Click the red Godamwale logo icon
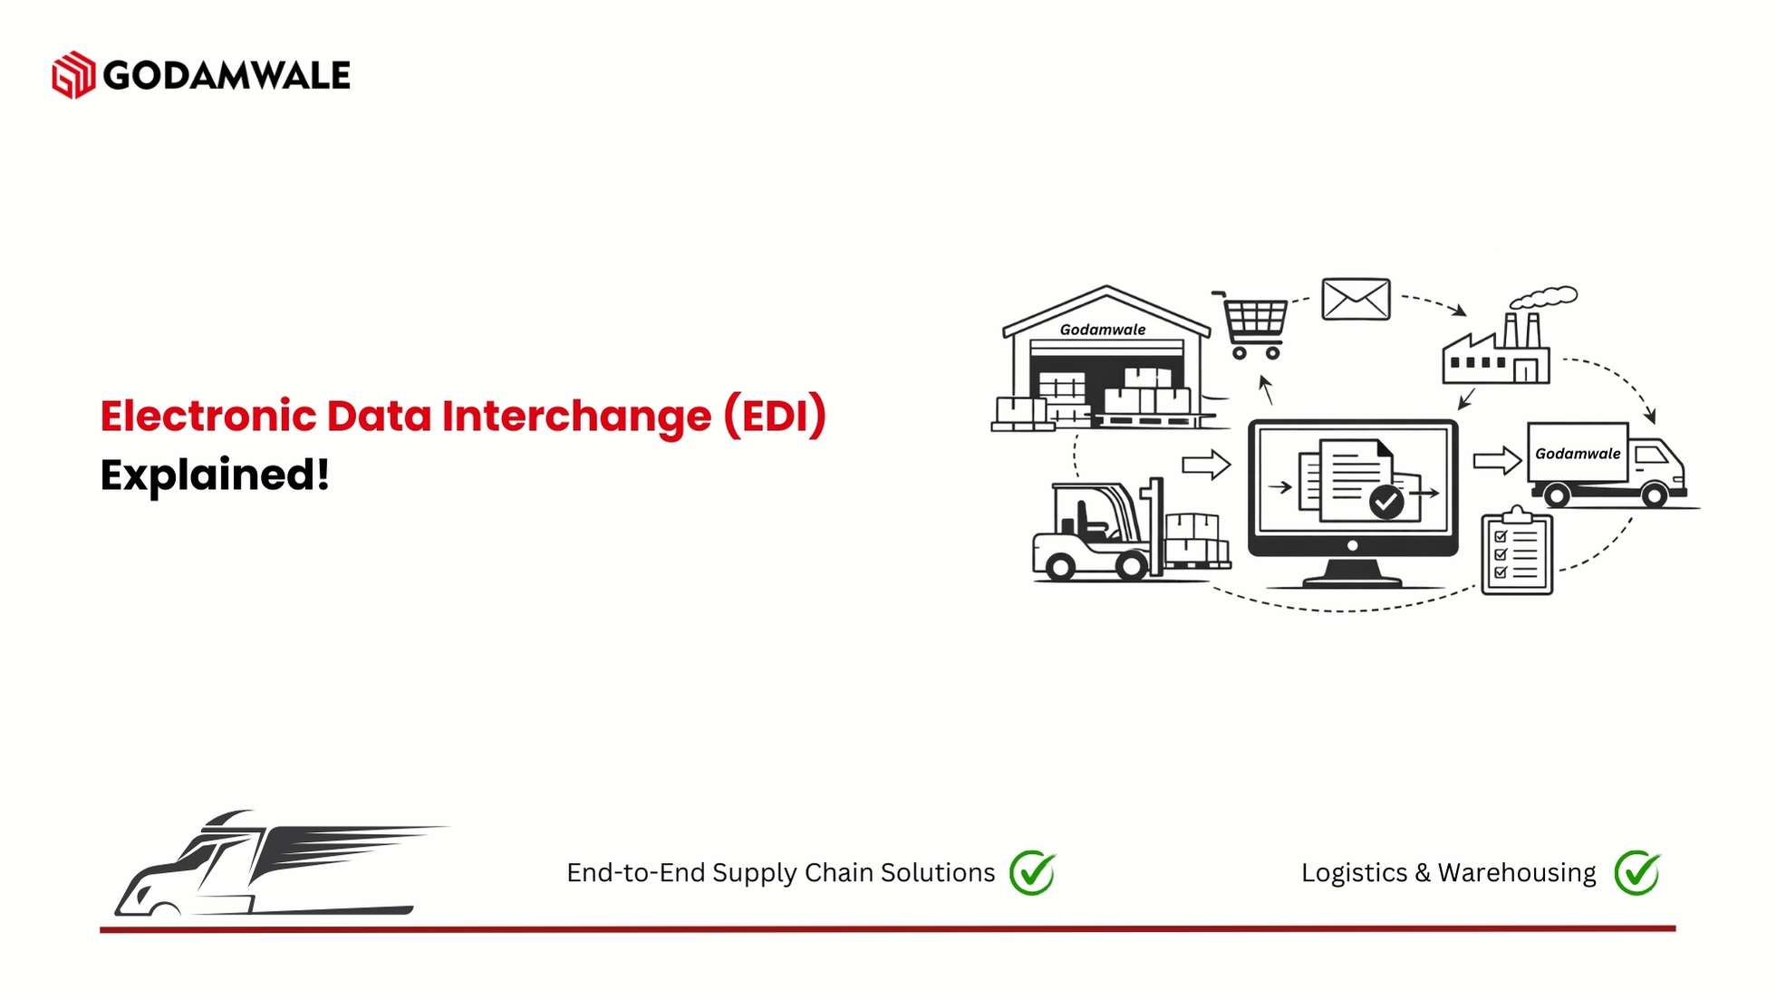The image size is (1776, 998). [73, 74]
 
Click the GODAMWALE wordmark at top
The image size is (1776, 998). [227, 75]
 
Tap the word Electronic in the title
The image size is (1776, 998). [208, 416]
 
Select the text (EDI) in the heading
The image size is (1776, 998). [775, 416]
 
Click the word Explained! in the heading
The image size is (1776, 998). [215, 475]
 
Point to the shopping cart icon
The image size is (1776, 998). [1251, 324]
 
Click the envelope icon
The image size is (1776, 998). [1356, 299]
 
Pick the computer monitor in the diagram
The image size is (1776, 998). [1353, 503]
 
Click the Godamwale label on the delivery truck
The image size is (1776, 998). [1578, 454]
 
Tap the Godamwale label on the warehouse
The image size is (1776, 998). [1103, 330]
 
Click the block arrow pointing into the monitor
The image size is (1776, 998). [1206, 465]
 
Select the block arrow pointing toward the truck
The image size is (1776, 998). [1497, 460]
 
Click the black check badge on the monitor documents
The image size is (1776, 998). [1386, 502]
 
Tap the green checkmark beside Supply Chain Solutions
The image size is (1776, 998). [1033, 872]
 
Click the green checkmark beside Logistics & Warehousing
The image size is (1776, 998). [1637, 872]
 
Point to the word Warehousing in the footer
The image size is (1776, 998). [1517, 873]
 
